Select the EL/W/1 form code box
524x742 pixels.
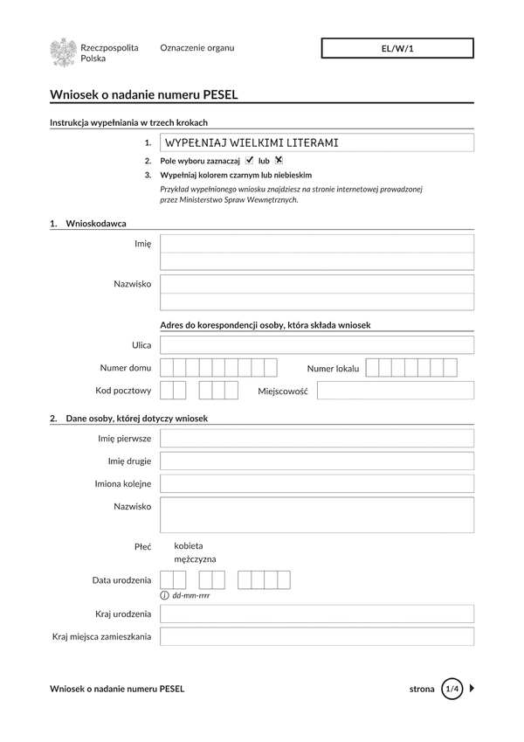click(x=397, y=49)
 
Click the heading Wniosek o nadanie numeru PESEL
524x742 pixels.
click(x=144, y=94)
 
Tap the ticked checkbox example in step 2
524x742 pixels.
click(x=250, y=160)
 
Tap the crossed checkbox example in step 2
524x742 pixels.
click(x=279, y=160)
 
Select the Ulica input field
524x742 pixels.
click(x=317, y=345)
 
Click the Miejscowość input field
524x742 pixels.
click(x=395, y=391)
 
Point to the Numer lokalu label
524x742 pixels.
click(x=333, y=368)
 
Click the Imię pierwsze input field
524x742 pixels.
click(x=317, y=438)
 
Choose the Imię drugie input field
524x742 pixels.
click(x=317, y=461)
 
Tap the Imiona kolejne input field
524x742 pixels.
click(x=317, y=483)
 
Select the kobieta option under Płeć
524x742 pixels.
click(x=189, y=545)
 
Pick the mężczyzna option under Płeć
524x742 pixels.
click(x=195, y=559)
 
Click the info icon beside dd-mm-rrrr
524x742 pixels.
click(x=165, y=595)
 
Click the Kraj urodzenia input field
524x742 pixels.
click(x=317, y=614)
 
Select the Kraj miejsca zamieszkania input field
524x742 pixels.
click(x=317, y=636)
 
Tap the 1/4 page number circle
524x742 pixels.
click(x=452, y=689)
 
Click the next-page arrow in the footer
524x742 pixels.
click(x=472, y=689)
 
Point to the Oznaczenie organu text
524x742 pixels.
click(x=197, y=48)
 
